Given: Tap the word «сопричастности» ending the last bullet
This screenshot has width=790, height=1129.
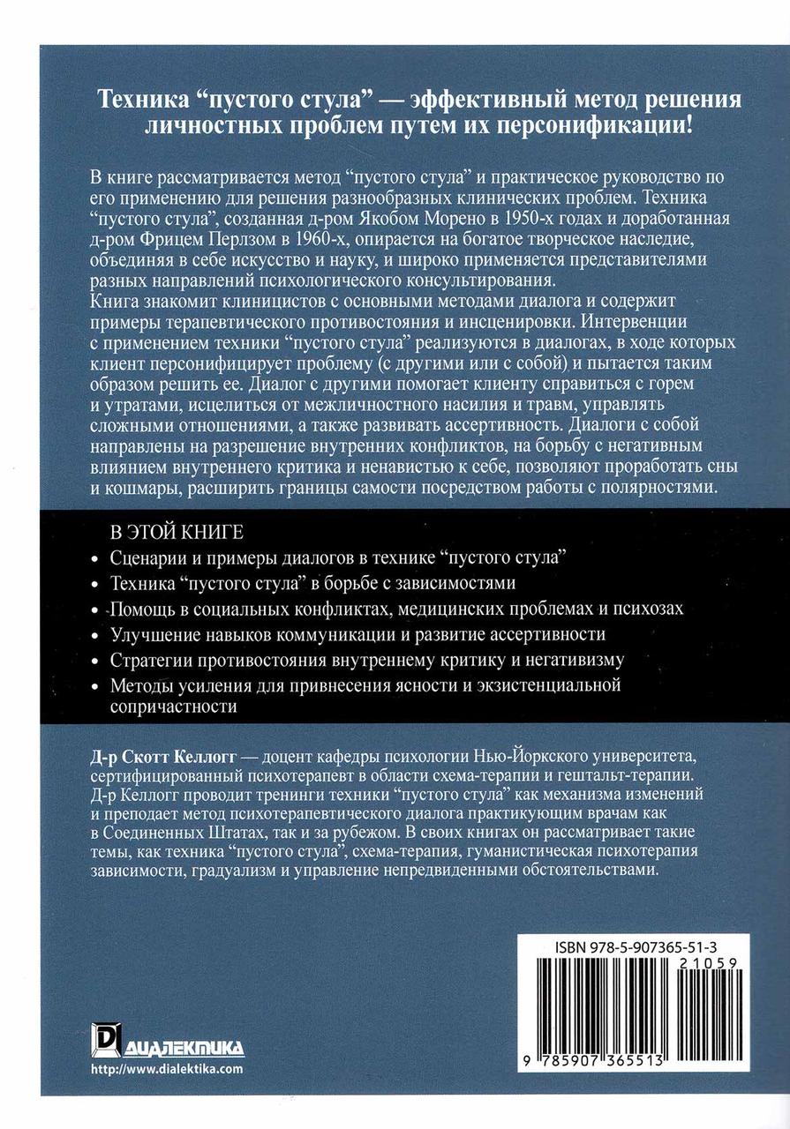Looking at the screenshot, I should click(x=175, y=707).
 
